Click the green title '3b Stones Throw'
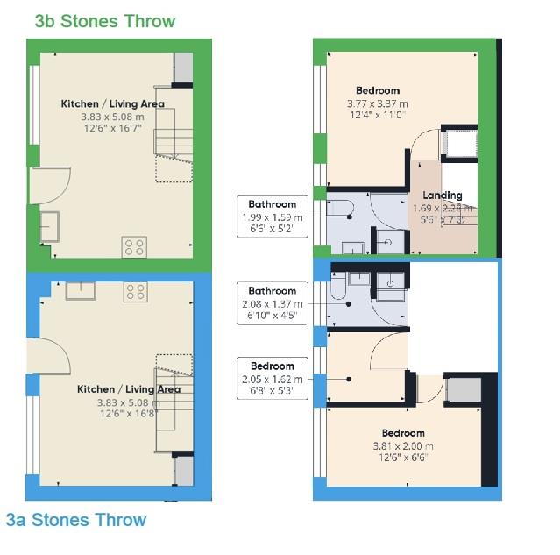pos(104,21)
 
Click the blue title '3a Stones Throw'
pos(75,520)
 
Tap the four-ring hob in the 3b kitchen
pos(134,247)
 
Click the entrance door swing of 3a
pos(53,359)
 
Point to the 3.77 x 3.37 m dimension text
pos(377,103)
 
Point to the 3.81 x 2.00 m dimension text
pos(402,445)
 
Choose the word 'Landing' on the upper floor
pos(442,195)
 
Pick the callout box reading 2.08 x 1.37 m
pos(273,302)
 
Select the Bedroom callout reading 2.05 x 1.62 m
pos(273,378)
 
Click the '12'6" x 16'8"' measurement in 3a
pos(128,414)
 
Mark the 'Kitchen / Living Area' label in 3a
pos(128,389)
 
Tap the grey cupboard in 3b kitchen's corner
pos(183,68)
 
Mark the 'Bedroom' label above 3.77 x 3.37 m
pos(377,90)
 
